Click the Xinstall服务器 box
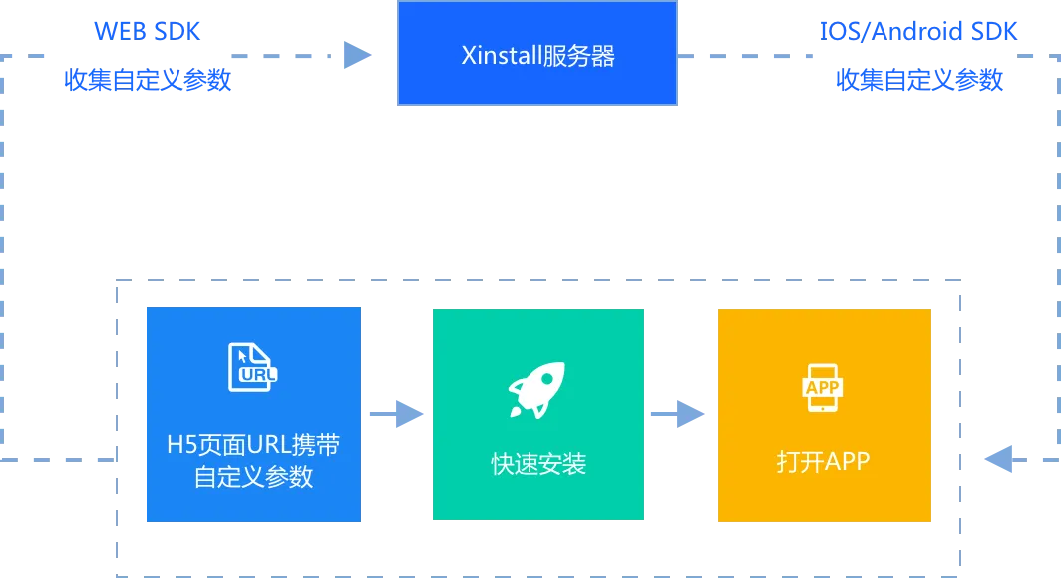pyautogui.click(x=536, y=55)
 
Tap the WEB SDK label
pyautogui.click(x=149, y=30)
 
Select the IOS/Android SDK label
pyautogui.click(x=916, y=30)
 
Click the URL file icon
pyautogui.click(x=253, y=366)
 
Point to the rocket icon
pyautogui.click(x=536, y=389)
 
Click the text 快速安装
pyautogui.click(x=538, y=463)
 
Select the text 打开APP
pyautogui.click(x=824, y=461)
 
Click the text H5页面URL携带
pyautogui.click(x=253, y=444)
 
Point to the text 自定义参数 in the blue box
pyautogui.click(x=253, y=477)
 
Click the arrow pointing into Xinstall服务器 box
pyautogui.click(x=354, y=55)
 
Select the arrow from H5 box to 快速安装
pyautogui.click(x=398, y=414)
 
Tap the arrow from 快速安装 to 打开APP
pyautogui.click(x=683, y=414)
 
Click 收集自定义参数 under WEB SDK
pyautogui.click(x=148, y=80)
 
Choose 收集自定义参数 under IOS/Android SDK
pyautogui.click(x=918, y=80)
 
